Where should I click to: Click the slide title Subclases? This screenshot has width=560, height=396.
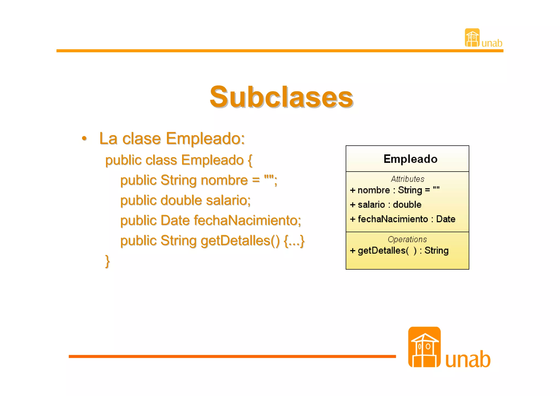pos(281,97)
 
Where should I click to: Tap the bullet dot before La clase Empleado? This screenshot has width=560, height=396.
pos(84,138)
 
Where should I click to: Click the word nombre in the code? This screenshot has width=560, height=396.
pos(224,180)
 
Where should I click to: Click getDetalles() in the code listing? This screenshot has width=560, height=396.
pos(240,241)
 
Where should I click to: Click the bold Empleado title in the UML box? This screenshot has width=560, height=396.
pos(410,159)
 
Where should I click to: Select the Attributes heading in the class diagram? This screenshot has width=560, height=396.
pos(407,179)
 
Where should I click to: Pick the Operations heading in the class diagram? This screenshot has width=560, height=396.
pos(407,239)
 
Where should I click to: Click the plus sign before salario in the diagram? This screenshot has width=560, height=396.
pos(353,205)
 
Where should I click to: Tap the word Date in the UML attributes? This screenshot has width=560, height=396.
pos(445,219)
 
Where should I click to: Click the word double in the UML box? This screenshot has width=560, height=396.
pos(407,205)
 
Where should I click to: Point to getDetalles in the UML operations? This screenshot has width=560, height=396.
pos(381,251)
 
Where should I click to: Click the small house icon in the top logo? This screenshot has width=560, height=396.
pos(472,38)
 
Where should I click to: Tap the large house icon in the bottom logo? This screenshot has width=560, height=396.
pos(424,347)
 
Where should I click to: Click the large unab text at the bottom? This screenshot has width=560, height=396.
pos(468,359)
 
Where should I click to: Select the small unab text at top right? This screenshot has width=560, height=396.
pos(492,43)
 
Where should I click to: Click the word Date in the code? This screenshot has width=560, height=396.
pos(175,221)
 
